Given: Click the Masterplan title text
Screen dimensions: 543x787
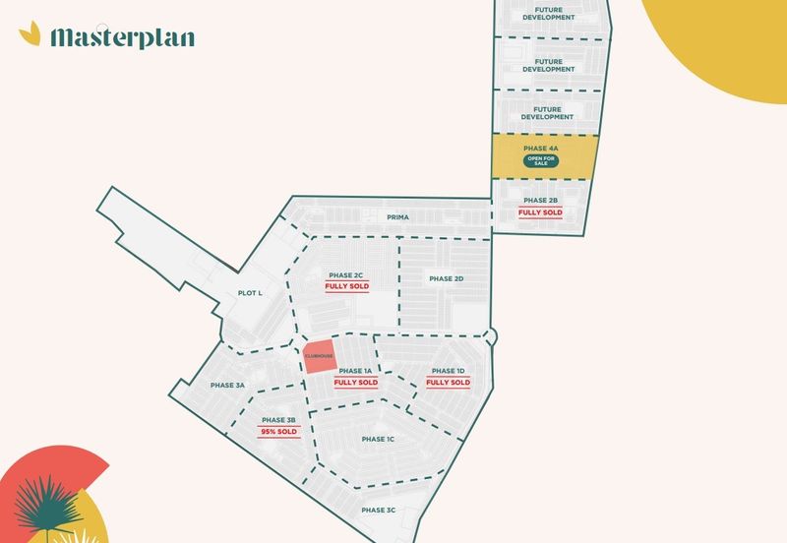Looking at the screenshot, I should [x=122, y=37].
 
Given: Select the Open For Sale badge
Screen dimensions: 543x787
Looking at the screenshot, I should [x=540, y=161].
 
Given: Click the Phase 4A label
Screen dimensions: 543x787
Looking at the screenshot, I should [x=540, y=148].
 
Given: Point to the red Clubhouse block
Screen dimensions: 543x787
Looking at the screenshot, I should [x=319, y=355].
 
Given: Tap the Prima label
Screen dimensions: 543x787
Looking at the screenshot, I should [x=397, y=216].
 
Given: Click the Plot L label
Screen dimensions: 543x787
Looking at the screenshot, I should [x=250, y=293].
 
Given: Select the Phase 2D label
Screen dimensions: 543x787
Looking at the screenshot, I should [x=446, y=278].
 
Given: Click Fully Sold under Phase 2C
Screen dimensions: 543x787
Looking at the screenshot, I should [x=345, y=287].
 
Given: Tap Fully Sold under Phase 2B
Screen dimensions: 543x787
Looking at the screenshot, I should [x=540, y=212].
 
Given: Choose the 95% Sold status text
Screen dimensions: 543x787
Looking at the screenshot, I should [x=278, y=432].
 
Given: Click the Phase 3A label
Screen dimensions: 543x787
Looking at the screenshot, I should [x=227, y=385].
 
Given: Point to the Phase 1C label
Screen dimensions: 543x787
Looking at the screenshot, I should [x=378, y=439].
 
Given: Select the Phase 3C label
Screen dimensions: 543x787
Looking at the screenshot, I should [x=378, y=510].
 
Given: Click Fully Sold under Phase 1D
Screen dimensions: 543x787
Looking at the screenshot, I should [x=448, y=383].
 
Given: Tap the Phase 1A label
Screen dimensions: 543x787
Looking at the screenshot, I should [x=355, y=371].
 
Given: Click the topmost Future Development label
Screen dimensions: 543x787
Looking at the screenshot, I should [x=548, y=14].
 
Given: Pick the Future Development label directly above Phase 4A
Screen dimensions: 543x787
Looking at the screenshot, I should [x=546, y=112].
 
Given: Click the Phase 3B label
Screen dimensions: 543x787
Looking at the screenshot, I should [x=278, y=420].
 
